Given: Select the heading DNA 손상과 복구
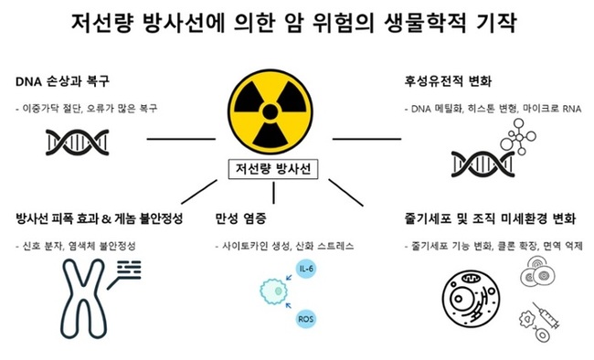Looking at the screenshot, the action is point(67,79).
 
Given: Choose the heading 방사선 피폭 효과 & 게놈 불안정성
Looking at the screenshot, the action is point(100,219).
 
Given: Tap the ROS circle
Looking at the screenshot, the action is point(306,319).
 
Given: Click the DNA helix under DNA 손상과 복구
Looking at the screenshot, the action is point(82,139).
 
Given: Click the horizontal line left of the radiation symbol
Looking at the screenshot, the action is point(179,139).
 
